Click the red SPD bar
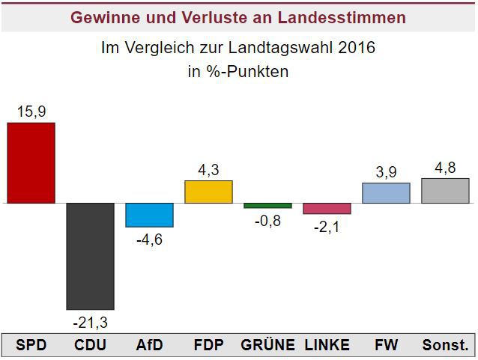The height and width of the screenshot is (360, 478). [31, 162]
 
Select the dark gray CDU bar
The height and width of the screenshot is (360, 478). [90, 256]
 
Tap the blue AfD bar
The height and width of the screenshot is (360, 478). [149, 215]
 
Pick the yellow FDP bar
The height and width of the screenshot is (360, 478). [208, 192]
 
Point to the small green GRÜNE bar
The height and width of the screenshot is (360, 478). [267, 206]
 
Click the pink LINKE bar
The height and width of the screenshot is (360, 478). [327, 209]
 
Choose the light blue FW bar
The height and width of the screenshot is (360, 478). [386, 193]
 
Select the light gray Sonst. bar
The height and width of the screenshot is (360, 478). [445, 191]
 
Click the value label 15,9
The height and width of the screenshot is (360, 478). [31, 112]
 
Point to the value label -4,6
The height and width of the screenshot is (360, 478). [149, 240]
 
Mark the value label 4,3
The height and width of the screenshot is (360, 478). [208, 170]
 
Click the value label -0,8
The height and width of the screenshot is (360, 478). [267, 221]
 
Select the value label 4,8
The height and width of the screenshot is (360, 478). [445, 168]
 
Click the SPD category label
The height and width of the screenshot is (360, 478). [31, 345]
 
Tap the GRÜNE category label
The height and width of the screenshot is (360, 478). [267, 345]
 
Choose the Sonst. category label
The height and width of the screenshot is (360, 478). [445, 345]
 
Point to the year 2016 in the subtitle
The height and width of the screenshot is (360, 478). [357, 49]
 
